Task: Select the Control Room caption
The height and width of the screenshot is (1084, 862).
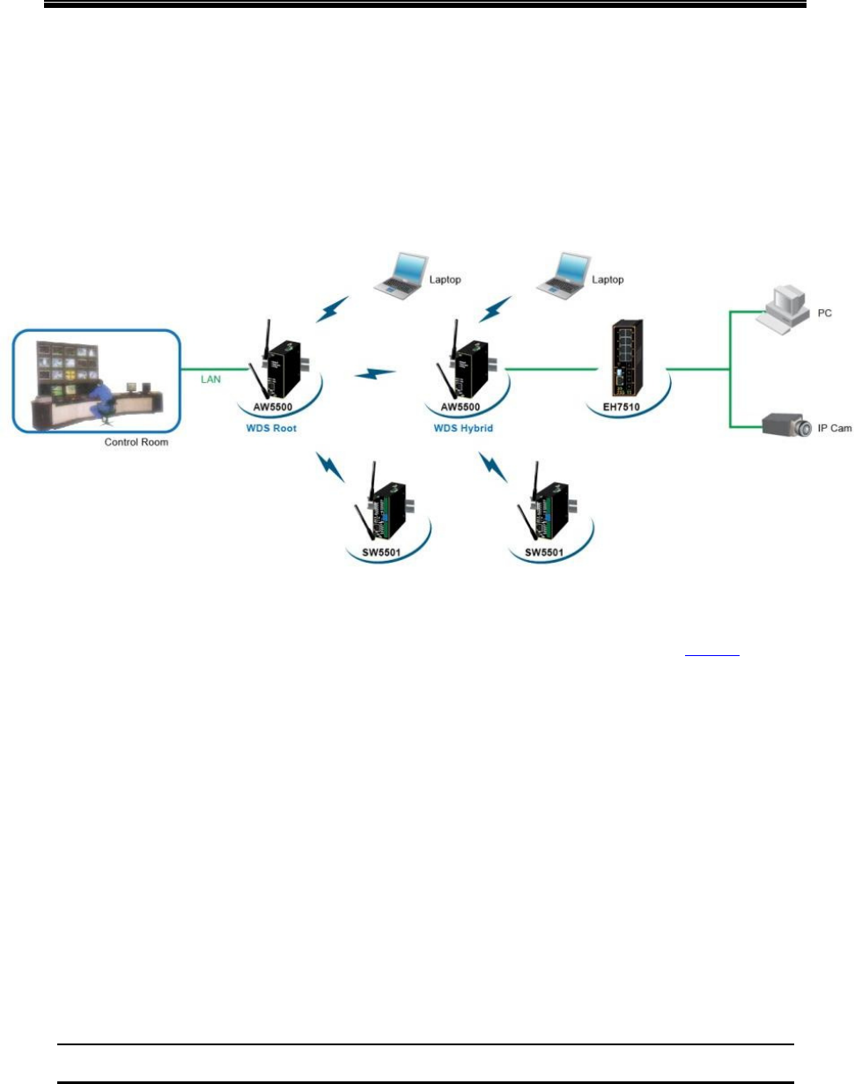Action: tap(136, 442)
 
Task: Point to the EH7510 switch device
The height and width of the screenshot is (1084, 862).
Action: tap(621, 364)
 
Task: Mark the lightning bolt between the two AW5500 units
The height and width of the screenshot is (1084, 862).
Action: tap(376, 376)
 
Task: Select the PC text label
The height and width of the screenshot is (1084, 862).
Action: tap(824, 313)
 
